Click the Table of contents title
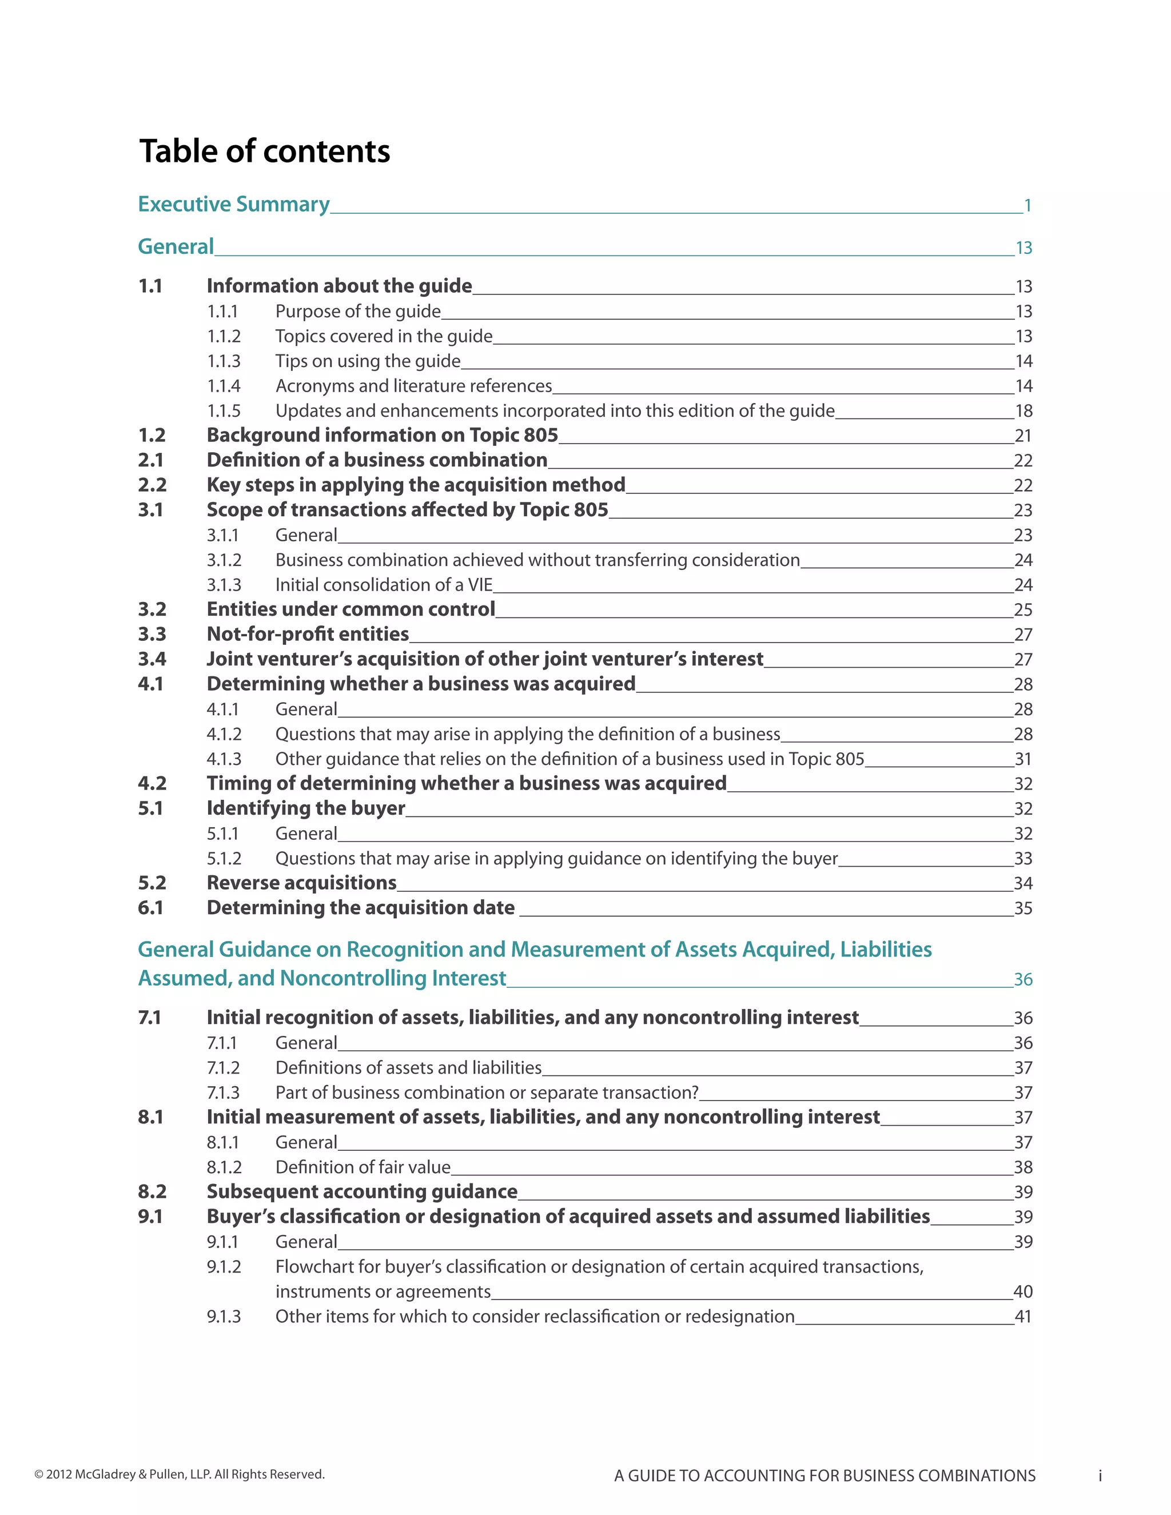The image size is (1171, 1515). [264, 151]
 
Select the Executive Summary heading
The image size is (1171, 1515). [234, 204]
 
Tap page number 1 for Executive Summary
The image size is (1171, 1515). [1027, 206]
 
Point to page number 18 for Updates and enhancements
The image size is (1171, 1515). [1023, 412]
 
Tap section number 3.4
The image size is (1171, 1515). [152, 659]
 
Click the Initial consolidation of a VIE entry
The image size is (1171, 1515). [384, 585]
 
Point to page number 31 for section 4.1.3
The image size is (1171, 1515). [1023, 760]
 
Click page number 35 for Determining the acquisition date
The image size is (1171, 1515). [1023, 909]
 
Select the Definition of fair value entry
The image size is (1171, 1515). [363, 1167]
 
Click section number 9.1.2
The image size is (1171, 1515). [224, 1267]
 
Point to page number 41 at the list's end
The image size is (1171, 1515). [1023, 1317]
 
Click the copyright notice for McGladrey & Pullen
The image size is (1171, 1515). [180, 1474]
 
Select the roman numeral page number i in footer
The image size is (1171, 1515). [1100, 1476]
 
